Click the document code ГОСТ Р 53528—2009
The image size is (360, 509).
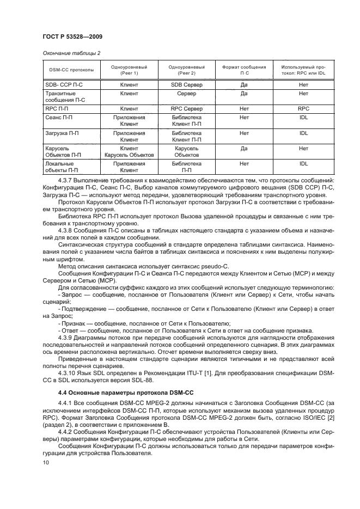pyautogui.click(x=73, y=36)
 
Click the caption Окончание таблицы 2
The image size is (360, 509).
pyautogui.click(x=70, y=53)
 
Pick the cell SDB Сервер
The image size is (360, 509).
pyautogui.click(x=186, y=85)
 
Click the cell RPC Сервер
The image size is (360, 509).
pyautogui.click(x=186, y=108)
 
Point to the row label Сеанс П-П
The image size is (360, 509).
pyautogui.click(x=59, y=117)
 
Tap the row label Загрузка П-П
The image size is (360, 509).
pyautogui.click(x=62, y=133)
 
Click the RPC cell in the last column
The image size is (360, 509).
pyautogui.click(x=303, y=108)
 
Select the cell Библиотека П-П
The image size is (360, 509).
pyautogui.click(x=186, y=167)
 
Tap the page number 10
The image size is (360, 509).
pyautogui.click(x=46, y=462)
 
